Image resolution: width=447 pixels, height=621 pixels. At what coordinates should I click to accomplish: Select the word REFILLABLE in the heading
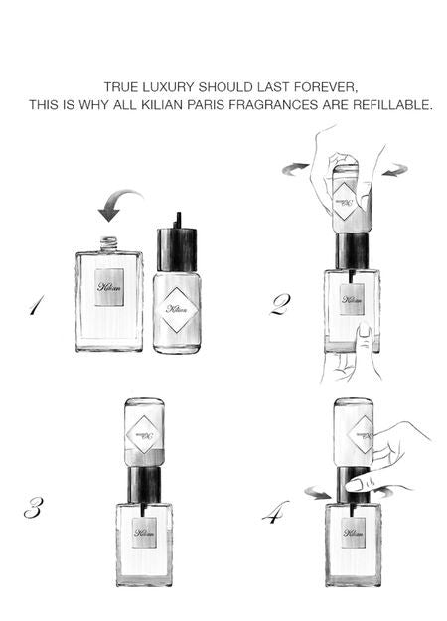tap(392, 105)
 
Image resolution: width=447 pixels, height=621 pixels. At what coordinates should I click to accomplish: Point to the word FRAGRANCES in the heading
tap(273, 105)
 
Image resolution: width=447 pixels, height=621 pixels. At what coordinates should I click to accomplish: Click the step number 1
tap(36, 305)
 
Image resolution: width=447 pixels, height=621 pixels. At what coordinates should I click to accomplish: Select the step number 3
tap(33, 508)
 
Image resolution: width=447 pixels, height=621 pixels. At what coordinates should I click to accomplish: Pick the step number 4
tap(275, 512)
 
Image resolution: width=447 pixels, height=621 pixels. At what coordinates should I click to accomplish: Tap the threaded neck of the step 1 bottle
tap(109, 244)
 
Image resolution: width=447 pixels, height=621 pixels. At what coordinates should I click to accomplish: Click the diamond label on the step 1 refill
tap(177, 310)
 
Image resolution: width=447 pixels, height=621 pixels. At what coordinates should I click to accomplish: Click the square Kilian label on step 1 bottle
tap(109, 287)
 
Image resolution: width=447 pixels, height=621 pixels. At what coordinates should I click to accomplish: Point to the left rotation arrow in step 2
tap(295, 168)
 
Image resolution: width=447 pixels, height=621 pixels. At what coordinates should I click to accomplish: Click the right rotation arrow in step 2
tap(396, 170)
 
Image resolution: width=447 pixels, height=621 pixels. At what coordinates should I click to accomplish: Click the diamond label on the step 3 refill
tap(144, 435)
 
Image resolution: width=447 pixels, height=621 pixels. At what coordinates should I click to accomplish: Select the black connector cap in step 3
tap(144, 485)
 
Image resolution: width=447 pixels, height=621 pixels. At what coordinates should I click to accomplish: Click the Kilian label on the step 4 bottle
tap(354, 534)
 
